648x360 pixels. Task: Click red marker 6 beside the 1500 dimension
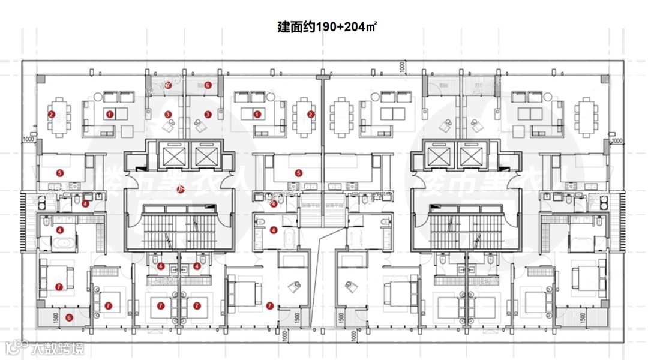pyautogui.click(x=69, y=318)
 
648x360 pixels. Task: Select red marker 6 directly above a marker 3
pyautogui.click(x=208, y=85)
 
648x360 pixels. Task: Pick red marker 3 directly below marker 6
pyautogui.click(x=208, y=114)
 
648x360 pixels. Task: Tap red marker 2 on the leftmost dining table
pyautogui.click(x=52, y=114)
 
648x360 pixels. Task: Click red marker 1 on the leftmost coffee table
pyautogui.click(x=110, y=113)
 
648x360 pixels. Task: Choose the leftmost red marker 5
pyautogui.click(x=59, y=173)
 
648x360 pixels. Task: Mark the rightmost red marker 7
pyautogui.click(x=269, y=305)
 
